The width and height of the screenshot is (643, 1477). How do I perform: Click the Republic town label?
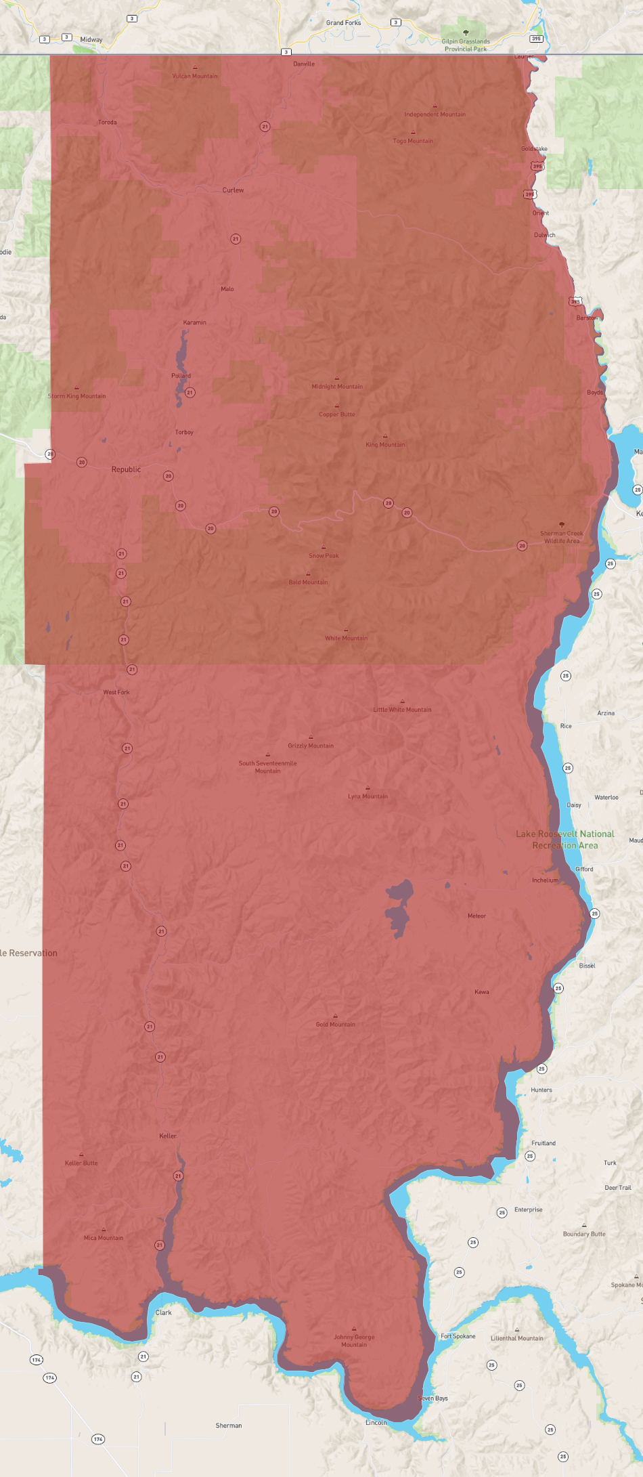point(126,469)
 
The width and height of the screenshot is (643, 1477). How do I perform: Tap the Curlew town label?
point(233,190)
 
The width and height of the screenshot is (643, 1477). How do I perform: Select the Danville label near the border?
point(304,64)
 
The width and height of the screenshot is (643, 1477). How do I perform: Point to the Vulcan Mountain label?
point(195,76)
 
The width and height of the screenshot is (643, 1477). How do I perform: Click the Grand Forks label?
point(343,23)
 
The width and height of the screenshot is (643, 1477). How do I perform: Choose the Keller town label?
point(168,1136)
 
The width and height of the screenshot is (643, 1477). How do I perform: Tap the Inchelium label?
point(545,880)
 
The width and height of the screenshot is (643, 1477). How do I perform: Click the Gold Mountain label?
point(335,1024)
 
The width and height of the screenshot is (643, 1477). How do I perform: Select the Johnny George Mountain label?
point(354,1341)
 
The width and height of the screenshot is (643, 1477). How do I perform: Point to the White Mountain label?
point(346,638)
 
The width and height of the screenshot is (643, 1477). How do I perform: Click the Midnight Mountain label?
point(337,387)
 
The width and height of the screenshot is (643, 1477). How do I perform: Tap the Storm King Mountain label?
point(76,396)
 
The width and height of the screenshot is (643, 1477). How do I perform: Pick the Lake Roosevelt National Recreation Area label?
point(565,840)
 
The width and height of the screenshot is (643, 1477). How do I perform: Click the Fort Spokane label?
point(458,1336)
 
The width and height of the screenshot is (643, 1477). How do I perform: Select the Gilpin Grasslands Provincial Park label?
point(466,45)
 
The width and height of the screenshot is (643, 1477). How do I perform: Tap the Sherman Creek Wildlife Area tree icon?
point(561,524)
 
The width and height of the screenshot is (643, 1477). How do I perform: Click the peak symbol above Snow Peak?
point(324,547)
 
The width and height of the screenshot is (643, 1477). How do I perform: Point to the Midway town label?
point(91,40)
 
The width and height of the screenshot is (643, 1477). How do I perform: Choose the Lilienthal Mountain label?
point(517,1338)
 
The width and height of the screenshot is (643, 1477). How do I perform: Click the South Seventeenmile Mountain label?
point(267,767)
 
